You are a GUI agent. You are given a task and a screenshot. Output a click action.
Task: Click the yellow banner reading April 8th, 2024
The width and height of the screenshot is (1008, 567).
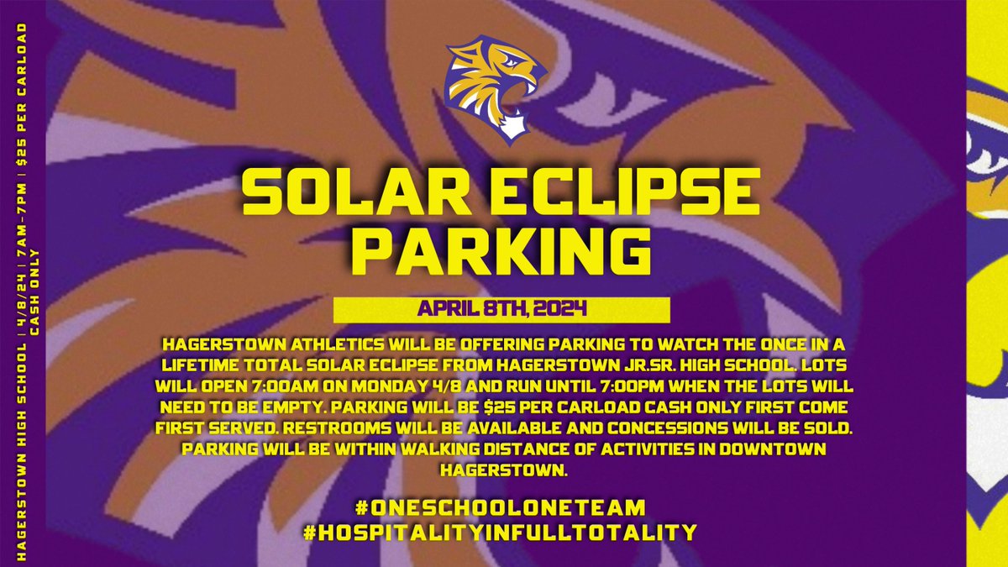click(x=501, y=309)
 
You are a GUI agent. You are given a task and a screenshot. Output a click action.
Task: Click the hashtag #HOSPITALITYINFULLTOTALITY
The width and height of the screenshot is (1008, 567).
click(x=501, y=532)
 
